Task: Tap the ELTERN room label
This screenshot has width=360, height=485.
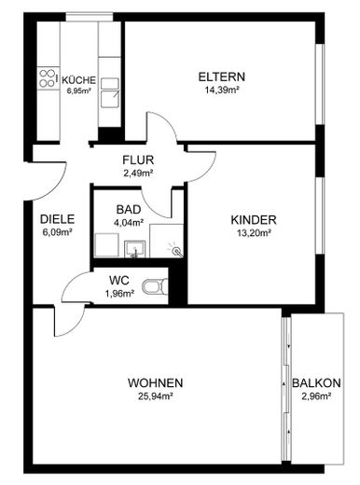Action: tap(220, 76)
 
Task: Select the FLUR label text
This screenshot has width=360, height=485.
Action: tap(137, 159)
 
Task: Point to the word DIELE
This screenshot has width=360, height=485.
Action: tap(57, 219)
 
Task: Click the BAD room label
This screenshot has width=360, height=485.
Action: tap(129, 211)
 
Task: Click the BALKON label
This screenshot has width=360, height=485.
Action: tap(315, 383)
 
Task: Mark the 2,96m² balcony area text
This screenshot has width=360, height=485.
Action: tap(315, 397)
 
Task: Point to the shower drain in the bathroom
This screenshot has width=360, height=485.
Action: tap(173, 249)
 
